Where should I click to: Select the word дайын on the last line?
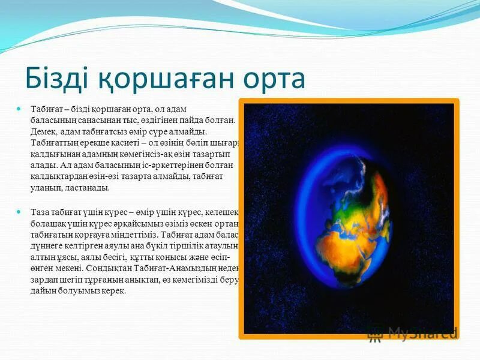pos(42,291)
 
